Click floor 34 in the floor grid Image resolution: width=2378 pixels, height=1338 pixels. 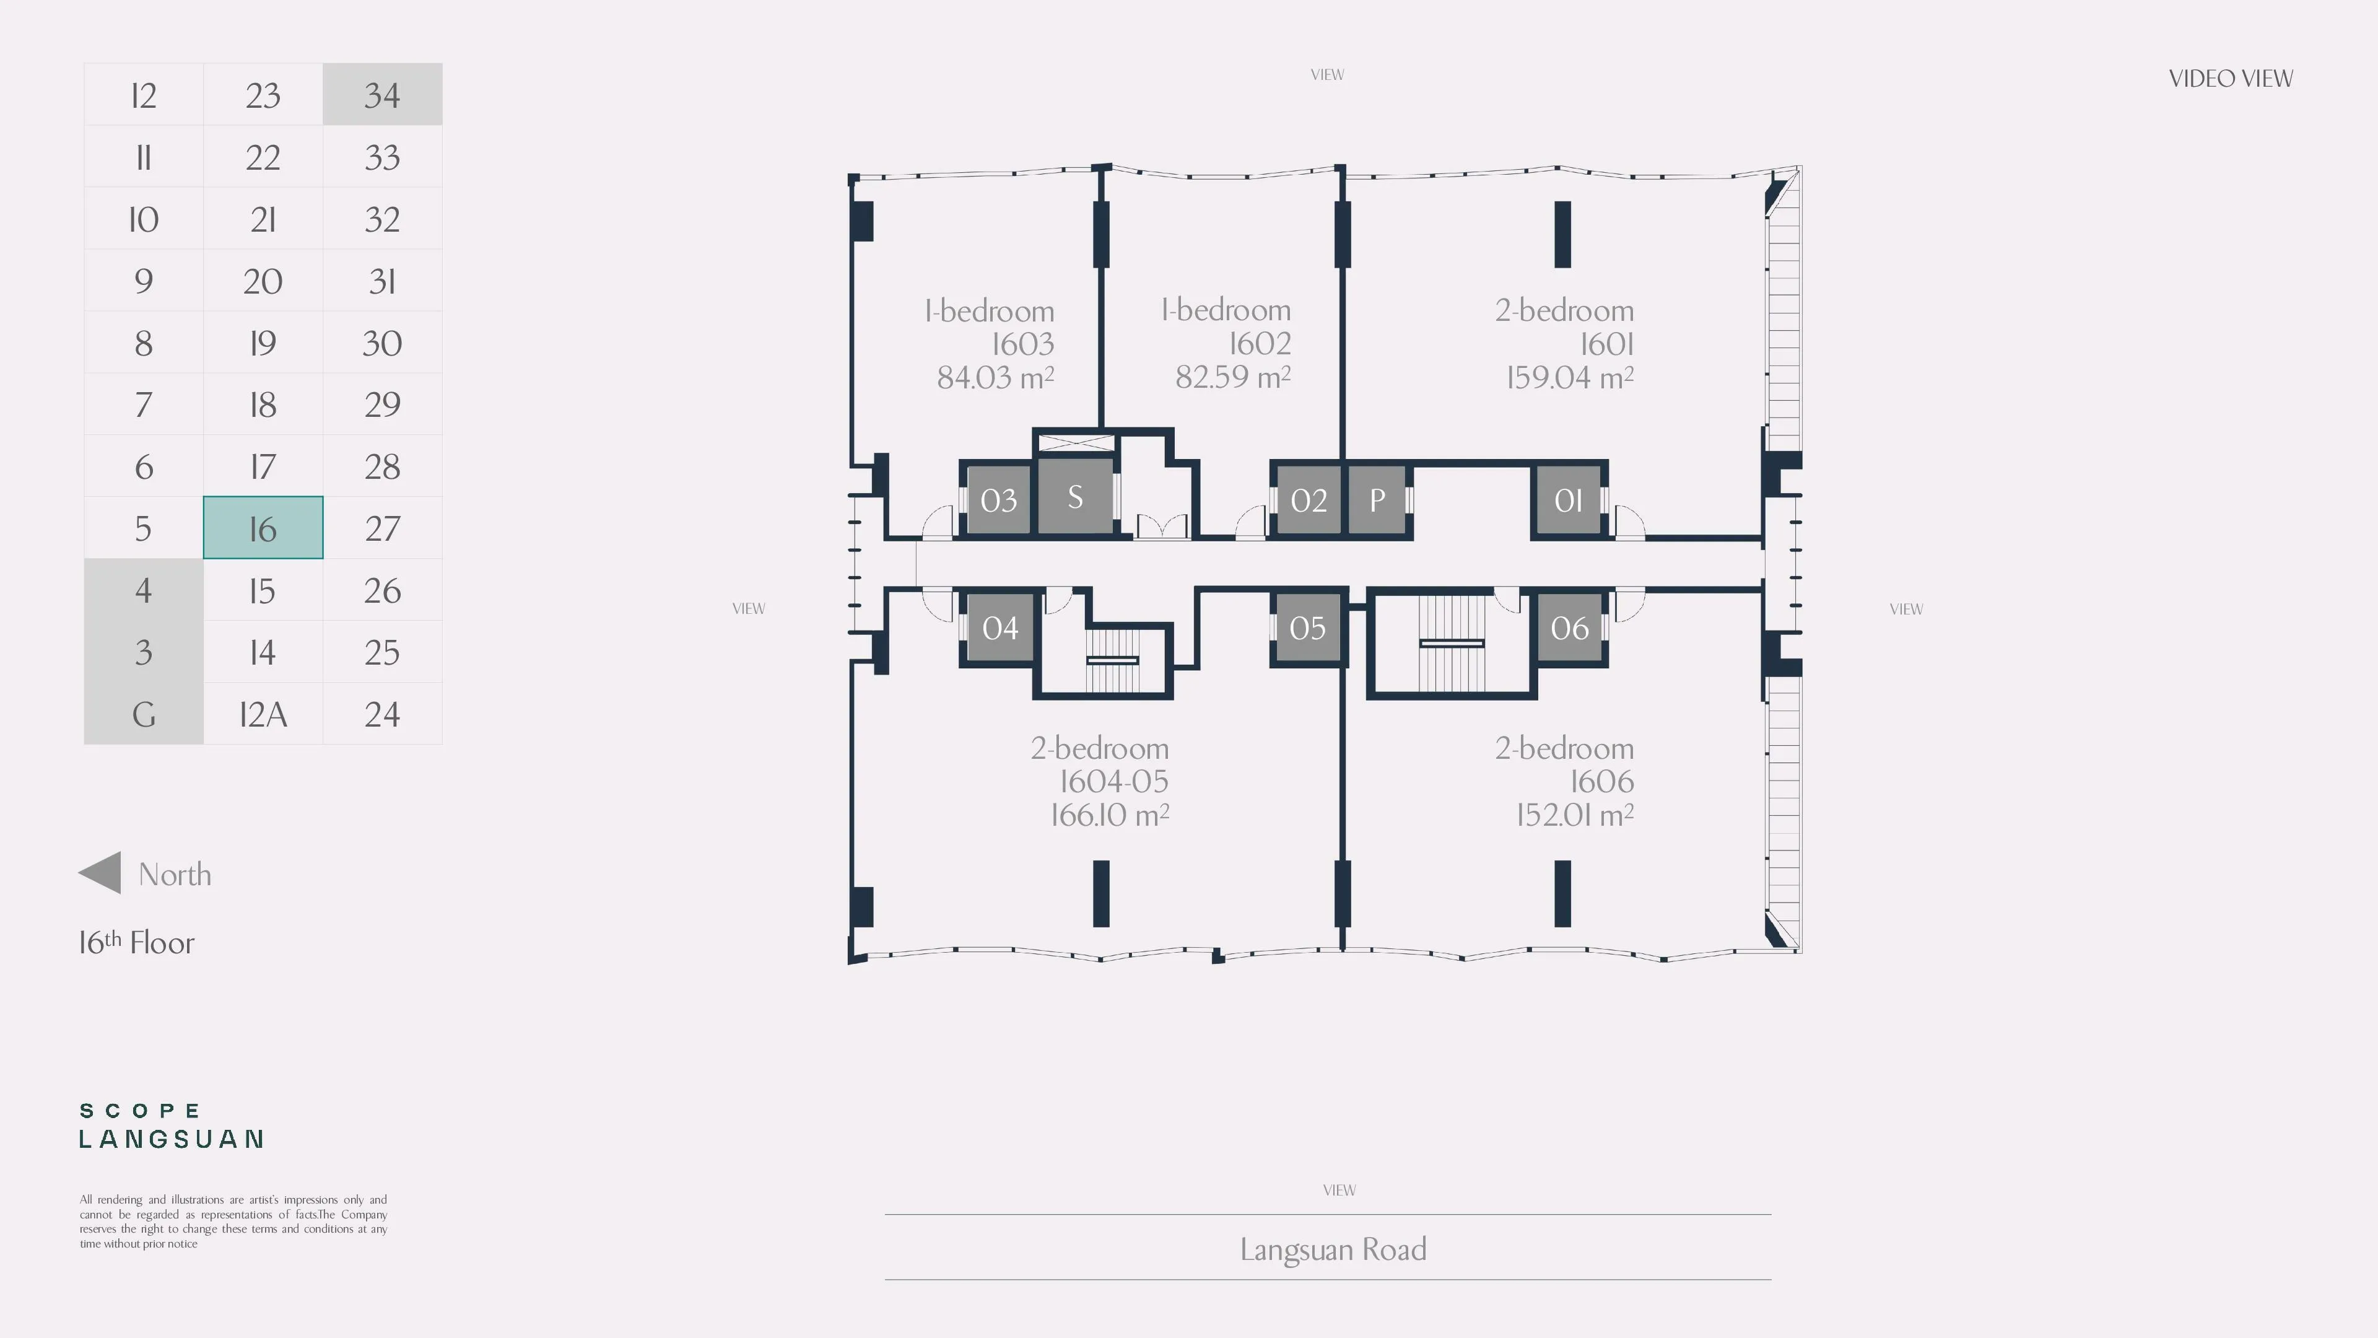pyautogui.click(x=382, y=94)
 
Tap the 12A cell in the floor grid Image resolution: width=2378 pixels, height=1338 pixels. pyautogui.click(x=263, y=714)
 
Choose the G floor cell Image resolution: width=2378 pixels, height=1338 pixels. pyautogui.click(x=143, y=714)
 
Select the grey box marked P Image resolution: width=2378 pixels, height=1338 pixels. pyautogui.click(x=1377, y=499)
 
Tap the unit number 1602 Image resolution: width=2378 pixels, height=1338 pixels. pyautogui.click(x=1259, y=344)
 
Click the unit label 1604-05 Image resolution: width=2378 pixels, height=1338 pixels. pyautogui.click(x=1113, y=781)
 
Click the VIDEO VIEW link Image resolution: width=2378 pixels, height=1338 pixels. pyautogui.click(x=2230, y=79)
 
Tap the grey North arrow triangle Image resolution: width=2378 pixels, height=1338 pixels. pyautogui.click(x=100, y=873)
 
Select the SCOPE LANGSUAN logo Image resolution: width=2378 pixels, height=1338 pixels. pyautogui.click(x=172, y=1126)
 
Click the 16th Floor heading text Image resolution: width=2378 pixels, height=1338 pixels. pyautogui.click(x=137, y=942)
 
